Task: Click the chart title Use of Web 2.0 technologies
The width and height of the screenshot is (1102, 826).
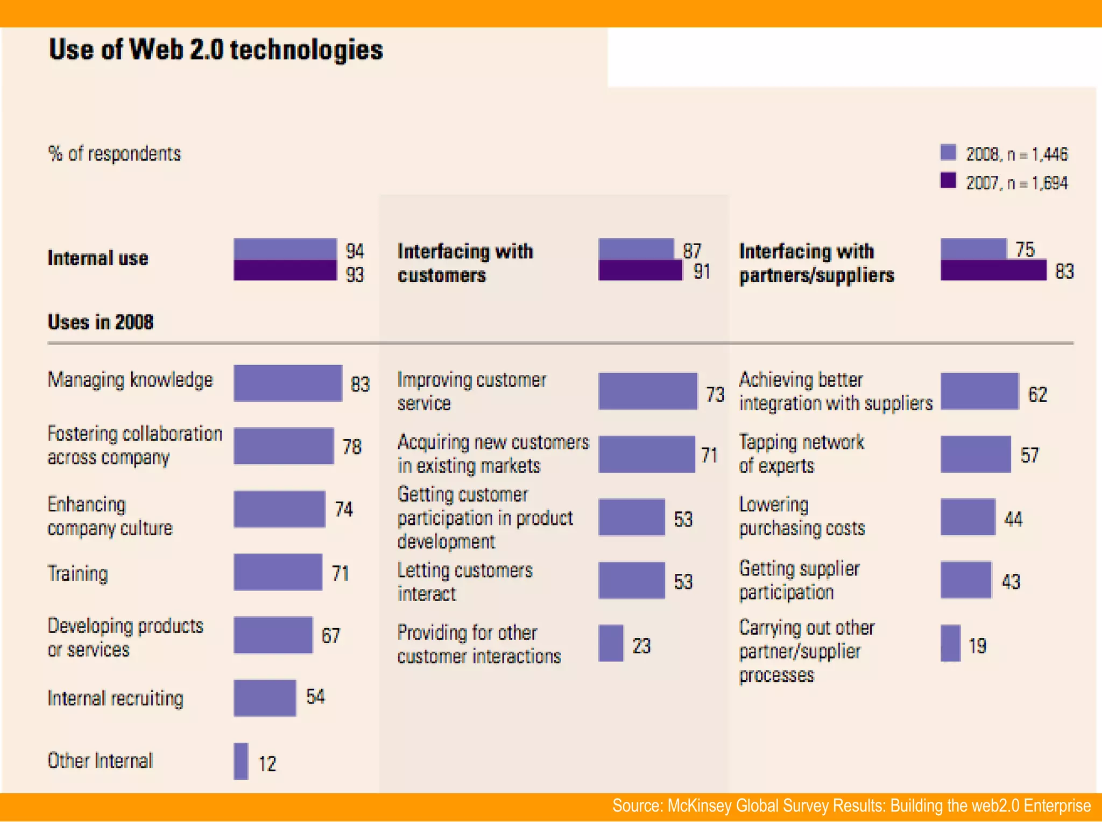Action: coord(216,49)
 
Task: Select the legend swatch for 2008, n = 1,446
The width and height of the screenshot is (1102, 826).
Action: coord(948,153)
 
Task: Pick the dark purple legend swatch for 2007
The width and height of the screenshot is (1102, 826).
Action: coord(948,181)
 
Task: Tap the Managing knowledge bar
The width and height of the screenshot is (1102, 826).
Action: coord(287,383)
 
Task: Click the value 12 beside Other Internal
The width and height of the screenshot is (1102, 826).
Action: coord(267,764)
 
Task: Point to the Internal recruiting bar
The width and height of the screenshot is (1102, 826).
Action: coord(264,698)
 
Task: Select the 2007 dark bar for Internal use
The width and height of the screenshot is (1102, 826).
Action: coord(285,270)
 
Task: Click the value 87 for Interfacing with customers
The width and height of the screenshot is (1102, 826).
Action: coord(692,251)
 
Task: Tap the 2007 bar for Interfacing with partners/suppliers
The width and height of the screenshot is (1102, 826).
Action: coord(993,270)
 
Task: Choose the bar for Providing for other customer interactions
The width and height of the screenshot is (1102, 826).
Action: coord(611,643)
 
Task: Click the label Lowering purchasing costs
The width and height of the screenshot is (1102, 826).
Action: coord(802,516)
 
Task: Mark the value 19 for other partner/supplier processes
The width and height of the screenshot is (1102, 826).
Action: coord(977,645)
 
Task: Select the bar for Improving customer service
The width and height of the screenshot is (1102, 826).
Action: coord(647,391)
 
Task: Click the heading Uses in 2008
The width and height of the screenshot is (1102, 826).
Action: coord(101,322)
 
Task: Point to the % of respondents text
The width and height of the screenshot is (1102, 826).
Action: coord(115,154)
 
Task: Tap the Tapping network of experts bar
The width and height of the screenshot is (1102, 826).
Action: coord(975,454)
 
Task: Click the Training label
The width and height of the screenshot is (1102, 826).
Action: coord(78,573)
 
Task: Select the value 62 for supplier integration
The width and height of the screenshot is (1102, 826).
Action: coord(1037,394)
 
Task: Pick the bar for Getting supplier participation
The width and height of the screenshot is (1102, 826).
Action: coord(966,580)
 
